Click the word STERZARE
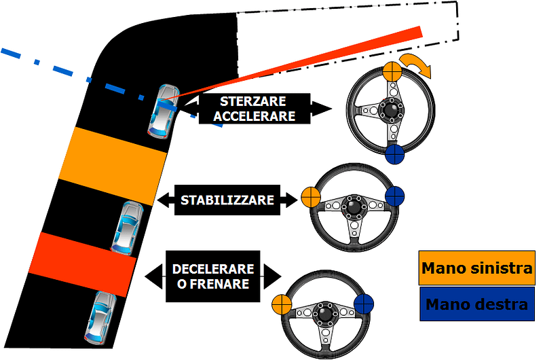click(255, 101)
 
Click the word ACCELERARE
click(255, 115)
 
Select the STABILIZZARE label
click(227, 200)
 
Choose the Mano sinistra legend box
click(476, 268)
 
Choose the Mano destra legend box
click(476, 304)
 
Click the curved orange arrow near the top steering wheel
click(416, 67)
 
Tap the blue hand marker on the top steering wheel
click(394, 154)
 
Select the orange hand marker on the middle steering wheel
click(310, 198)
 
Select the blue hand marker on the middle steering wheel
click(394, 198)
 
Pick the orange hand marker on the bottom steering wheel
click(281, 304)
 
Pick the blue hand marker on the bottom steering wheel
click(364, 304)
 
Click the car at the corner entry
click(164, 110)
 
